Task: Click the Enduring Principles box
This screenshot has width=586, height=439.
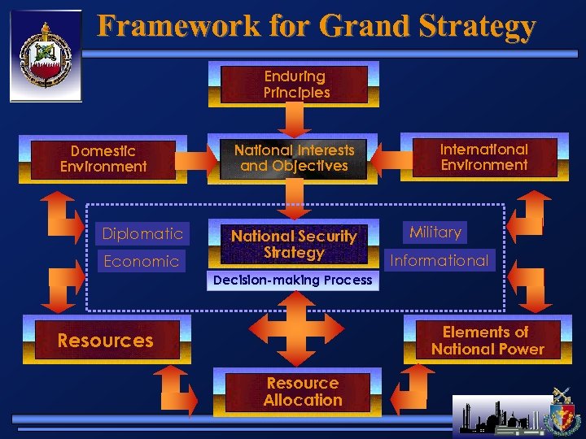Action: point(296,85)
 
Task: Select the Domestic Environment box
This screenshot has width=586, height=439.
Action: point(103,159)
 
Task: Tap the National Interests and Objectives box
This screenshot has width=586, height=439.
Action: point(294,159)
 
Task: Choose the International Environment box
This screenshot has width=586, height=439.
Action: point(484,157)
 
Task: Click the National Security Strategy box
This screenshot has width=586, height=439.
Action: point(294,244)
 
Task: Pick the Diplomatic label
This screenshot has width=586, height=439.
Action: point(142,234)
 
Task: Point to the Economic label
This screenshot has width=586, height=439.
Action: point(141,261)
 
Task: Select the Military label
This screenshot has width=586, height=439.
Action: point(435,233)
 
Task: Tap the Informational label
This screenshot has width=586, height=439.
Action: point(440,261)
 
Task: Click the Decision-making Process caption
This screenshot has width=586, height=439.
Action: point(292,280)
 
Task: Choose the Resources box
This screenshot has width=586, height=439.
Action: point(106,341)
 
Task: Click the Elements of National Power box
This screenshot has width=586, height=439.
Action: point(487,341)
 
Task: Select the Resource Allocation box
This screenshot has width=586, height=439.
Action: point(302,392)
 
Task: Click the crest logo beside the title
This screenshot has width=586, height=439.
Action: point(46,56)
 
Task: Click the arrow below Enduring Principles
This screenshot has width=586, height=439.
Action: point(293,121)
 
